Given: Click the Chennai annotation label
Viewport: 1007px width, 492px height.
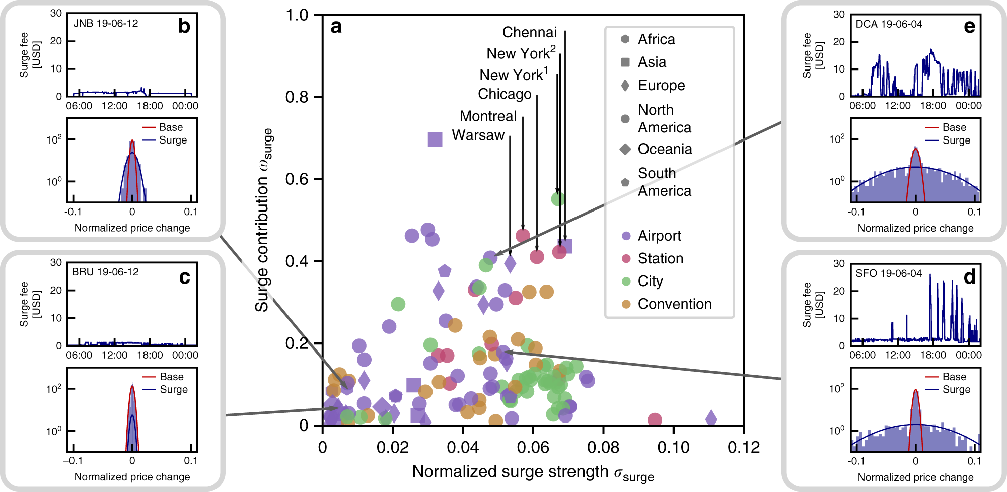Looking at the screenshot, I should point(529,32).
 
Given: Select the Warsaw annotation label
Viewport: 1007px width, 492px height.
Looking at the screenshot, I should point(478,135).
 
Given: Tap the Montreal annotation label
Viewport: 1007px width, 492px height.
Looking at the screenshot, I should point(488,116).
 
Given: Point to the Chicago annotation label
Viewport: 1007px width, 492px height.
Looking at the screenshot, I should point(505,94).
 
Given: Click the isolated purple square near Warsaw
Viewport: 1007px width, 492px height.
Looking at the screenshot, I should point(435,139).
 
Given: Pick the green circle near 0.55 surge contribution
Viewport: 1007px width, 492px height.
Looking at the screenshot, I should point(558,199).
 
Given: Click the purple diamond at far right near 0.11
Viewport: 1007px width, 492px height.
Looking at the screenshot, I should point(711,417).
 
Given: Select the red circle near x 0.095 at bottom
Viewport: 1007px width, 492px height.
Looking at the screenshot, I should point(654,419).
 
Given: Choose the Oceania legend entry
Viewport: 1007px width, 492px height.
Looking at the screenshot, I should point(665,149).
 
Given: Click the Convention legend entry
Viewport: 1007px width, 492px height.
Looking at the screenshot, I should point(675,304).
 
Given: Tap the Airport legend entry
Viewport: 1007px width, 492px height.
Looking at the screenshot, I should point(659,236).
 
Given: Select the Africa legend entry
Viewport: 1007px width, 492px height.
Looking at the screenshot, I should point(656,39).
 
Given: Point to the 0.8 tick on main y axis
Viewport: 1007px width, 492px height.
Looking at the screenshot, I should point(297,97).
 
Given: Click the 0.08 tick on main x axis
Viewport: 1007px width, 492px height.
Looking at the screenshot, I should point(603,447).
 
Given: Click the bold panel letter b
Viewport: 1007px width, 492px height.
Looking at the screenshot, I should point(184,26).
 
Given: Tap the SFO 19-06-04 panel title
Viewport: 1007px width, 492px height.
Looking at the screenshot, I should point(889,273).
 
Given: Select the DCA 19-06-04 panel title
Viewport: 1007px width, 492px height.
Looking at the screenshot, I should point(889,24).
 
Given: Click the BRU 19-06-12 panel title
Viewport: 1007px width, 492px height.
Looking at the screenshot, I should point(105,272).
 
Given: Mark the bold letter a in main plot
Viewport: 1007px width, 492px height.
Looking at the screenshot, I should point(336,27).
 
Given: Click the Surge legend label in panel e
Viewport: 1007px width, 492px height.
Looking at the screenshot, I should point(956,140).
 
